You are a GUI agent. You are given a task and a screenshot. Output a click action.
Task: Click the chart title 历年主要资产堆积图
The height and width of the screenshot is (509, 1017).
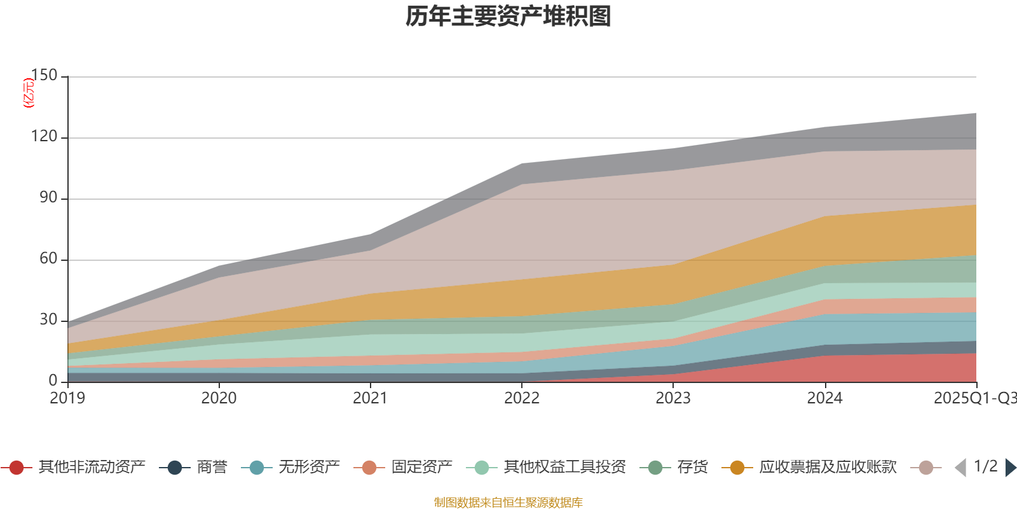[x=508, y=17]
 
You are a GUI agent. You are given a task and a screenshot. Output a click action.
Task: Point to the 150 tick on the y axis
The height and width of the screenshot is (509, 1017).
[x=44, y=76]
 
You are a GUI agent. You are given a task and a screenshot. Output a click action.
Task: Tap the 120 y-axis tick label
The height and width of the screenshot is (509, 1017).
[x=44, y=137]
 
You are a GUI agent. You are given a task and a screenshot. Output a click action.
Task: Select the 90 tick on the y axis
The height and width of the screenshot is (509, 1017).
[x=48, y=198]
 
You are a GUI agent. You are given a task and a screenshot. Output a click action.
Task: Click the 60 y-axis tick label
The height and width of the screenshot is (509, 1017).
[x=48, y=259]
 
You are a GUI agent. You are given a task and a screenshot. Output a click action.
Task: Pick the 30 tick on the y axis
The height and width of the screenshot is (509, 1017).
[x=48, y=320]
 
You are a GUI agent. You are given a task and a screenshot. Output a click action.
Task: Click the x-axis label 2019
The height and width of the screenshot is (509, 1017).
[x=67, y=398]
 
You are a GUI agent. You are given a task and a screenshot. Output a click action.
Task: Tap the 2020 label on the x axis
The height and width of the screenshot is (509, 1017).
[x=219, y=398]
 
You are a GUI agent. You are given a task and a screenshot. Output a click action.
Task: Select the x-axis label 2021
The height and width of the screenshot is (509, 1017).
[x=370, y=398]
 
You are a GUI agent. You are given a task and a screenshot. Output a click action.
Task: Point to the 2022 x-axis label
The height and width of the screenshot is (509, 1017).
[x=521, y=398]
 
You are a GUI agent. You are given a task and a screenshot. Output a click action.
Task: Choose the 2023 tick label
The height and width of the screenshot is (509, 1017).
[x=672, y=398]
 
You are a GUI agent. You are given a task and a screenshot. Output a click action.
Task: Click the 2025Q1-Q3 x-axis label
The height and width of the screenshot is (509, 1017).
[x=974, y=398]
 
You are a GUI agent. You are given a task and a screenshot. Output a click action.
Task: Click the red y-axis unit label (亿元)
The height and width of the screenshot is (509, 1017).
[x=28, y=93]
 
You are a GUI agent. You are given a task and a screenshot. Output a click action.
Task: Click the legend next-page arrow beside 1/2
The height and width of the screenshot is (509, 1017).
[x=1011, y=468]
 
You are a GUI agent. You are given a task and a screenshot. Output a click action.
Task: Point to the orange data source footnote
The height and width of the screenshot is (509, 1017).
[x=508, y=503]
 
